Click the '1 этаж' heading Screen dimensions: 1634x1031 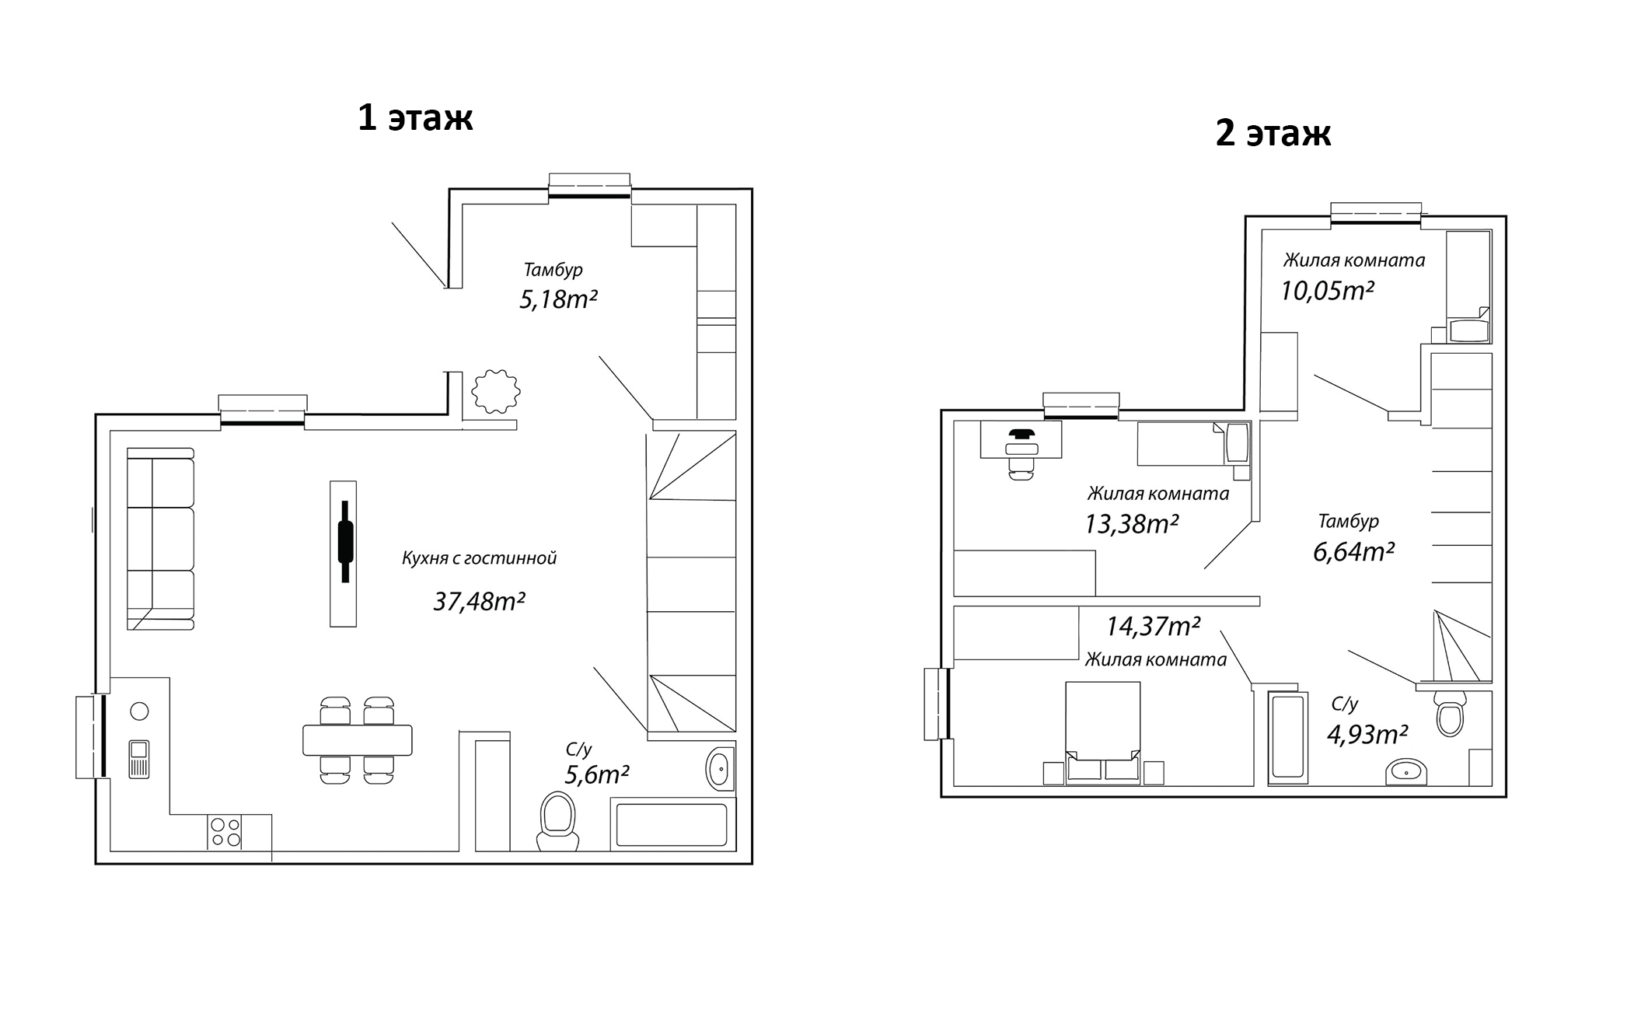coord(415,117)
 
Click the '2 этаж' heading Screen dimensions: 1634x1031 coord(1273,133)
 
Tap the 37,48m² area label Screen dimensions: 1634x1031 coord(480,601)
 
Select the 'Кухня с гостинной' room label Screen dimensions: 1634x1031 coord(480,558)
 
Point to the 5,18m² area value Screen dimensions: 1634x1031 coord(558,299)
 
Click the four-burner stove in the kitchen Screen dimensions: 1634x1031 coord(225,832)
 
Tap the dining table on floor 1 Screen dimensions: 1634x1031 coord(358,739)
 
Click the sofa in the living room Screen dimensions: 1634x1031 coord(160,538)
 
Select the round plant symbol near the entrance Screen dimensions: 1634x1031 coord(496,391)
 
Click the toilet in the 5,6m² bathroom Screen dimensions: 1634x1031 coord(558,823)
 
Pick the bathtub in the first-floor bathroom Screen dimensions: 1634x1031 coord(672,824)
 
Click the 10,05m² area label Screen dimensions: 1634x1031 coord(1327,291)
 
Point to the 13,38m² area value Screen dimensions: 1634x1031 coord(1132,524)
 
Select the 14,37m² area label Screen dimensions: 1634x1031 coord(1154,626)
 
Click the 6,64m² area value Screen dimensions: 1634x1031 coord(1353,552)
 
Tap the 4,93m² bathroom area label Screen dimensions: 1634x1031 coord(1367,734)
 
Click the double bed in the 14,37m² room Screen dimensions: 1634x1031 coord(1102,732)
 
